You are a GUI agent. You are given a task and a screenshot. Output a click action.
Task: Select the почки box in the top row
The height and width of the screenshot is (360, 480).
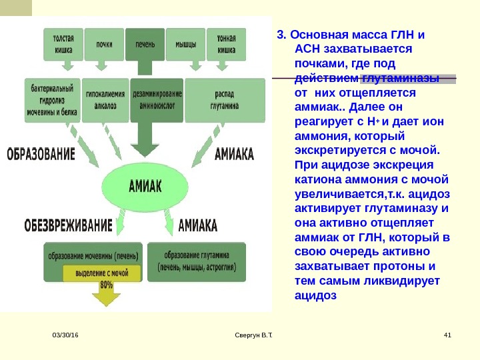coord(104,45)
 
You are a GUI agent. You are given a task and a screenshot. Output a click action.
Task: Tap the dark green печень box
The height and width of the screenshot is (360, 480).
coord(145,45)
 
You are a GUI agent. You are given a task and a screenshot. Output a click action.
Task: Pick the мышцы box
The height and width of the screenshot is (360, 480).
coord(185,45)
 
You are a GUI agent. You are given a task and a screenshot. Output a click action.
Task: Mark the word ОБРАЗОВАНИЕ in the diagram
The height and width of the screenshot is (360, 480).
coord(41,155)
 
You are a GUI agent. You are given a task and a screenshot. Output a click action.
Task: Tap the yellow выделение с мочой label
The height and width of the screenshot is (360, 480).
coord(101,273)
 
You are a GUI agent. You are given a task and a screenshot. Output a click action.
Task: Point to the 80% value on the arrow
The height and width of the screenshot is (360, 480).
coord(105,285)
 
